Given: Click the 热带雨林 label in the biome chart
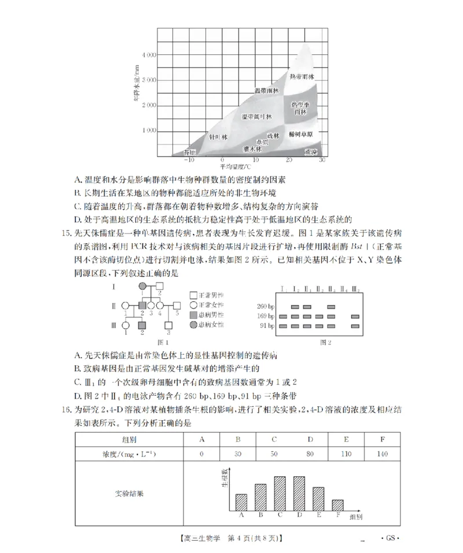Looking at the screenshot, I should pos(302,77).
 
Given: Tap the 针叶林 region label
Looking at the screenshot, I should pos(218,137).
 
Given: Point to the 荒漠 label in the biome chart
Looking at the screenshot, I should pos(311,152).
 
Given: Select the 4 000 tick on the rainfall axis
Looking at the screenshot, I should pos(149,55).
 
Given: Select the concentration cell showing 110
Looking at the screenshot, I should pos(346,454).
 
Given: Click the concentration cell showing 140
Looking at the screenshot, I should pos(383,454).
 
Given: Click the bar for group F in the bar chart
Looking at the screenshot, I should pos(337,504).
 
